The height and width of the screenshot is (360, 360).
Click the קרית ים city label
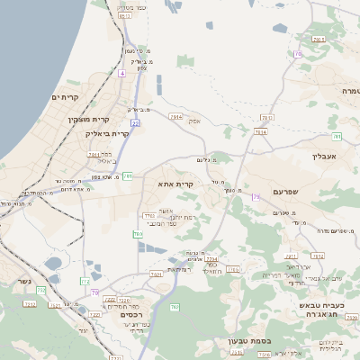[66, 97]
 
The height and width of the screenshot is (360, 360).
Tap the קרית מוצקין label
[89, 119]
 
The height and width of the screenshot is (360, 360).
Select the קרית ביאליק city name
[107, 134]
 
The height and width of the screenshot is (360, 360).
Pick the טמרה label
[350, 92]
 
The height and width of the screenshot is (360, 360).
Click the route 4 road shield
[121, 74]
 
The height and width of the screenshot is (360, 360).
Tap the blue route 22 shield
[135, 122]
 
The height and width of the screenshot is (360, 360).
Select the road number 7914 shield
[175, 117]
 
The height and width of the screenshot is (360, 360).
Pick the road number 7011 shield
[94, 155]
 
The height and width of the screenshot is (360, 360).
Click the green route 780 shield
[139, 235]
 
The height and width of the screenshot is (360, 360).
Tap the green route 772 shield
[86, 283]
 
